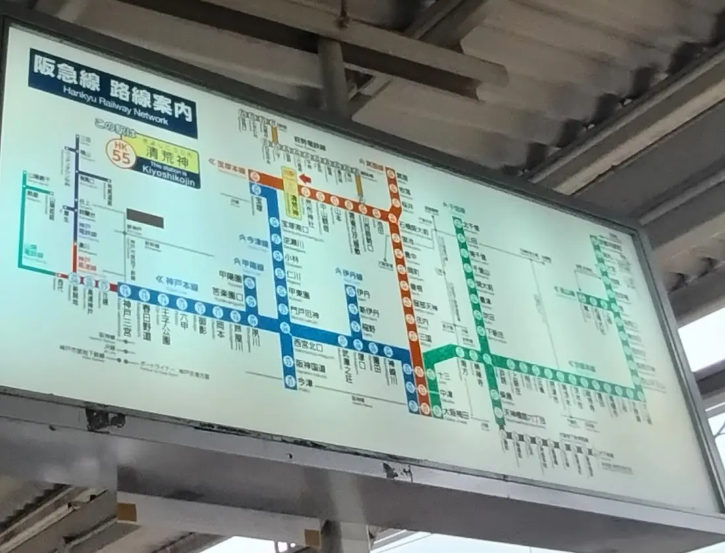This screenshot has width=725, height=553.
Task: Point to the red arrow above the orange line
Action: pyautogui.click(x=304, y=178)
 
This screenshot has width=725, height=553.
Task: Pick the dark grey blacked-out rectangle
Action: pyautogui.click(x=145, y=218)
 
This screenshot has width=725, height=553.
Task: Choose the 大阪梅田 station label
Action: pyautogui.click(x=457, y=412)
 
